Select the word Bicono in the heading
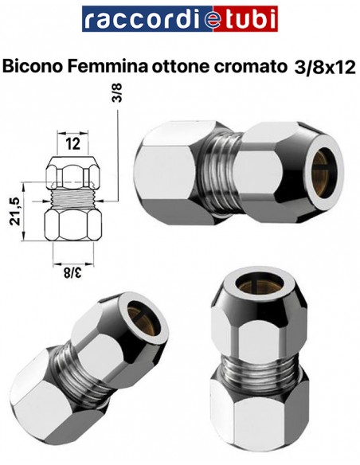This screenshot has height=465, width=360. coord(33,66)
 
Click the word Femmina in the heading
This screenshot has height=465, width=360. coord(108,66)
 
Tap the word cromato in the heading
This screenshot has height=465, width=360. coord(248,68)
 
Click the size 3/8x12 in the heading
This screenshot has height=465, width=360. coord(325,68)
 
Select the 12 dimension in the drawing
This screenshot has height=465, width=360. coord(72,143)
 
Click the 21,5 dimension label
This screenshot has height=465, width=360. coord(15,211)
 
